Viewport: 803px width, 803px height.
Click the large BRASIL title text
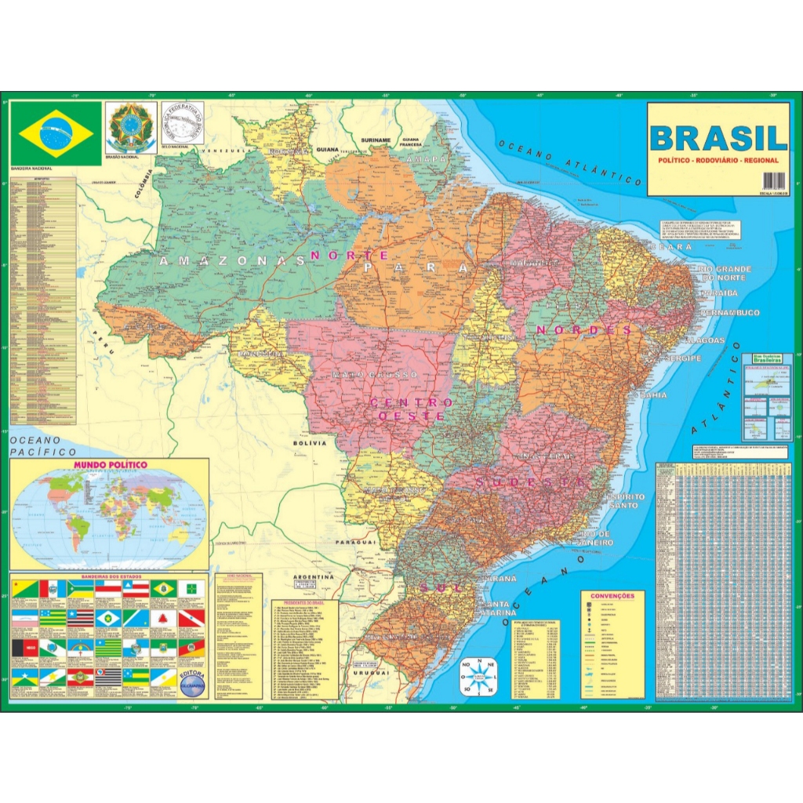click(x=718, y=138)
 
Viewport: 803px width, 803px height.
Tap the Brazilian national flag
click(x=56, y=133)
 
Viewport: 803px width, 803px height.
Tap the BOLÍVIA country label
click(x=309, y=443)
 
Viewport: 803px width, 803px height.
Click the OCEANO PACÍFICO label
click(x=44, y=446)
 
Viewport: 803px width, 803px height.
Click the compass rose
click(x=479, y=676)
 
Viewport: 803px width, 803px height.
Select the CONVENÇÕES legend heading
click(x=612, y=596)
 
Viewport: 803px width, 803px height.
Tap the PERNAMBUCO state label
click(x=729, y=313)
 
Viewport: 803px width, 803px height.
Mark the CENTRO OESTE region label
click(x=411, y=409)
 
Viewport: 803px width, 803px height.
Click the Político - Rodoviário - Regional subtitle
click(x=718, y=160)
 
